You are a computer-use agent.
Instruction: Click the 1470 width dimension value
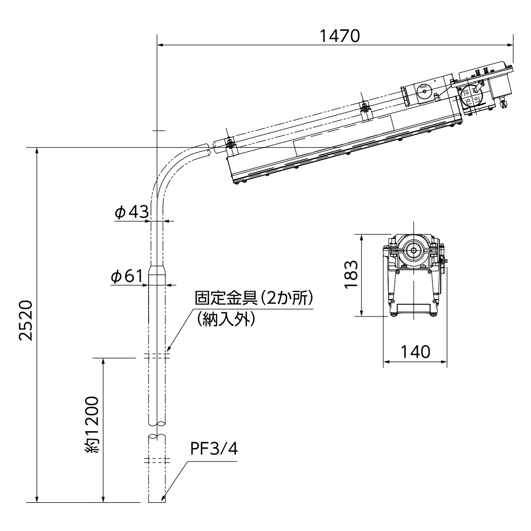point(340,36)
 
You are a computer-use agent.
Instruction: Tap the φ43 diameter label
point(130,212)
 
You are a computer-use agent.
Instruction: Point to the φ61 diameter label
point(127,276)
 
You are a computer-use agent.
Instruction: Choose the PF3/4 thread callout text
point(214,450)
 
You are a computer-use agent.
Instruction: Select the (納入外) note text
point(226,319)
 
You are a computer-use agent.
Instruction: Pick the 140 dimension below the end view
point(414,352)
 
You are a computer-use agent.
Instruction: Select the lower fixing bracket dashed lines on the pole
point(158,460)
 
